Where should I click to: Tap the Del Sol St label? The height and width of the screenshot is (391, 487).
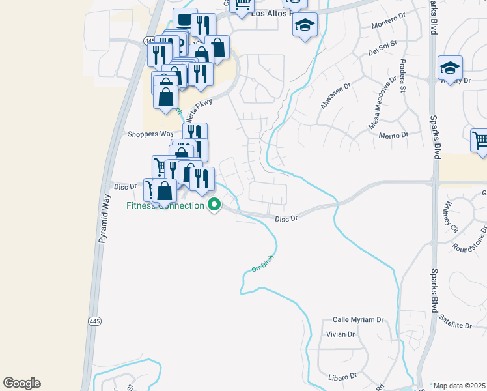(383, 50)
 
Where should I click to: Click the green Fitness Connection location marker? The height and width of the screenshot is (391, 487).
(214, 206)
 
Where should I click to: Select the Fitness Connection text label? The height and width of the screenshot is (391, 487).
(165, 206)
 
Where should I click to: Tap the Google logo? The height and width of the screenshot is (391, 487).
(21, 383)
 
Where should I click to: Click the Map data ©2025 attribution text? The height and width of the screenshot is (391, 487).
(459, 386)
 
